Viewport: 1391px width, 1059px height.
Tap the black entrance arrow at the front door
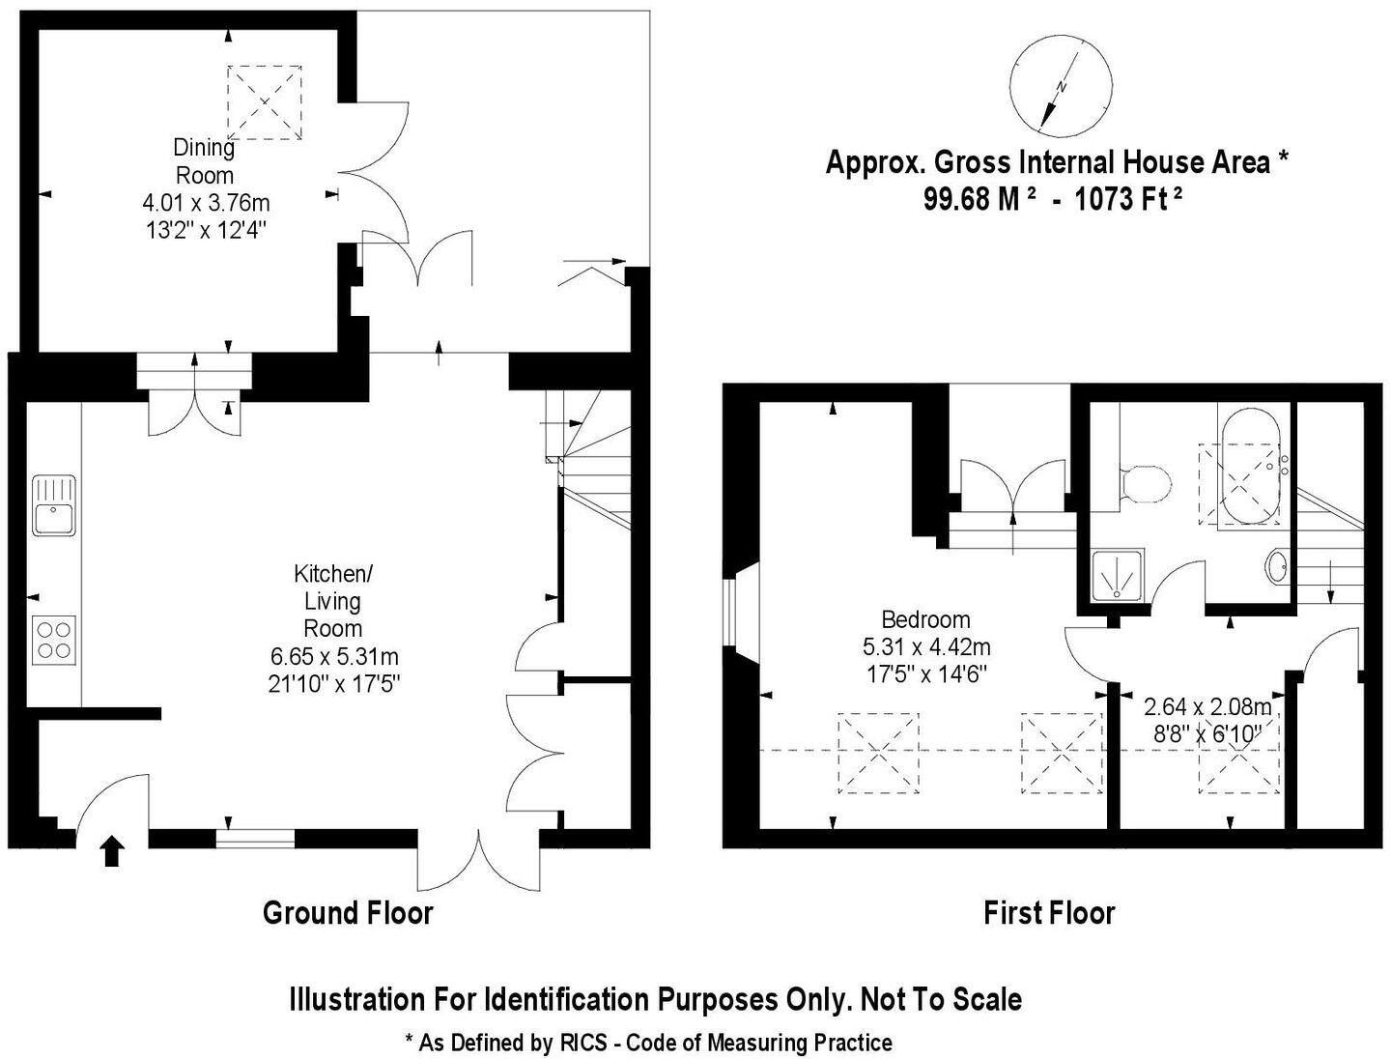point(112,851)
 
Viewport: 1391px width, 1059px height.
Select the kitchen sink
point(55,504)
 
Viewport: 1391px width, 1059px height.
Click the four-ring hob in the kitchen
point(54,640)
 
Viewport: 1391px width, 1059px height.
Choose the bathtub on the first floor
point(1249,469)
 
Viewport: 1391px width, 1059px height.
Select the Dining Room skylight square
point(264,100)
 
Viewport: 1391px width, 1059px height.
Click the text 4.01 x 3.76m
point(206,203)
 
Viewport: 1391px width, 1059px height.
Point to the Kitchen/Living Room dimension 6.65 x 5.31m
point(334,657)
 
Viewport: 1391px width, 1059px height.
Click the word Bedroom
point(925,619)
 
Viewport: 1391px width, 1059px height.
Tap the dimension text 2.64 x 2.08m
point(1207,706)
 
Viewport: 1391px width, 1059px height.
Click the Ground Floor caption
point(348,912)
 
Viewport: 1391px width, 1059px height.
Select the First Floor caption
point(1049,912)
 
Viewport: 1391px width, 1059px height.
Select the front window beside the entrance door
point(255,838)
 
